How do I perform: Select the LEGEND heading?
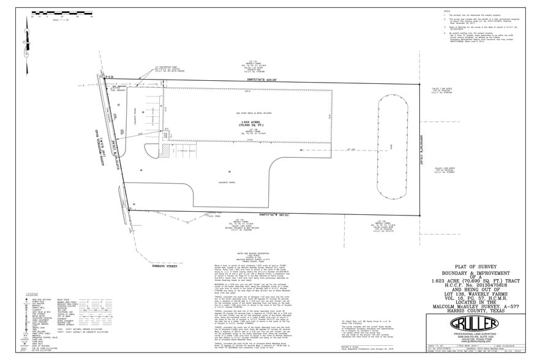tap(29, 294)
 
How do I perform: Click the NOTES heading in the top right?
tap(446, 10)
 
